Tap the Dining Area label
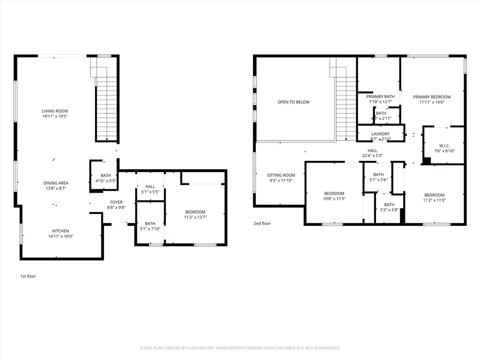click(57, 183)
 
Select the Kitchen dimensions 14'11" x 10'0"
click(60, 237)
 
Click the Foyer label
click(116, 202)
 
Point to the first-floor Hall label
click(150, 186)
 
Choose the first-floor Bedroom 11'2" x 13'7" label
click(195, 212)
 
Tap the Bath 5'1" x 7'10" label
click(150, 224)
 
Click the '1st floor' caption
click(28, 276)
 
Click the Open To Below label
click(293, 102)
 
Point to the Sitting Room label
click(281, 175)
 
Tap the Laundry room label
click(380, 134)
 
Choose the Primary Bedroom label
click(432, 97)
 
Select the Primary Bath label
click(380, 97)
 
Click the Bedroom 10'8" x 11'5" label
click(334, 194)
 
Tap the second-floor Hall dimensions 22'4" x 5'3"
click(372, 156)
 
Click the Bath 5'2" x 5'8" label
click(390, 204)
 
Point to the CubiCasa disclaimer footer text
click(240, 348)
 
